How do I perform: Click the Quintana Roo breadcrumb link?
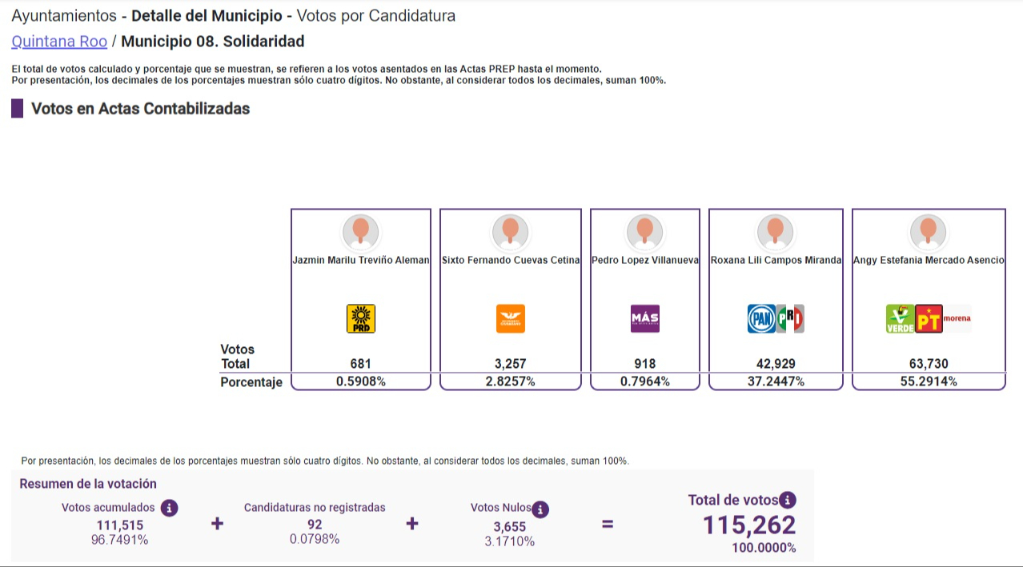59,42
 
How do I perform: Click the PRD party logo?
360,318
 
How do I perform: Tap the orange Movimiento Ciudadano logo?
510,318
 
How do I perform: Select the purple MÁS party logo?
644,318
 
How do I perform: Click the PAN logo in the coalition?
761,318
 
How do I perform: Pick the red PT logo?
929,318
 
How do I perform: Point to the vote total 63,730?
928,364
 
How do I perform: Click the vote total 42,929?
775,364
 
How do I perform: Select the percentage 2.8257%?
510,382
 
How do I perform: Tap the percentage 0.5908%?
360,382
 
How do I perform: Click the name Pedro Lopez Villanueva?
644,260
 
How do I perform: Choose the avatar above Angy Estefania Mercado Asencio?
928,232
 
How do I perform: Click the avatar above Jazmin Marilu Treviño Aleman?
360,232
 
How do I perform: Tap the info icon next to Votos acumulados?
169,508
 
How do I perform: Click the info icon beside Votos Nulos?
540,509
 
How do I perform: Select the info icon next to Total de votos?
788,501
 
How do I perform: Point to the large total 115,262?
749,525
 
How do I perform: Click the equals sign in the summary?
608,525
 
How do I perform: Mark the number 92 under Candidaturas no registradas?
315,525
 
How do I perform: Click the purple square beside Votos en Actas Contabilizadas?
17,109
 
